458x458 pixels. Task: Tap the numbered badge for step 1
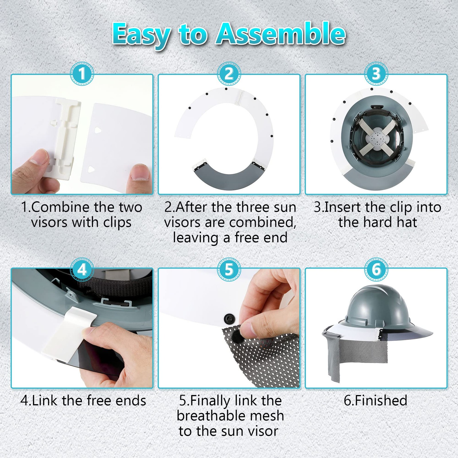(82, 74)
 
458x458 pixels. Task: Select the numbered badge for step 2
(229, 74)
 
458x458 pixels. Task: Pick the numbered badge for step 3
(376, 74)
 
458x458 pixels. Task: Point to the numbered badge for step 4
(82, 269)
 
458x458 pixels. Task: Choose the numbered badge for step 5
(229, 269)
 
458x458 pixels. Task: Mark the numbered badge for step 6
(376, 269)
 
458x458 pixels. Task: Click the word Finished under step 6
(381, 400)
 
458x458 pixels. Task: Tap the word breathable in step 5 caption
(230, 416)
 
